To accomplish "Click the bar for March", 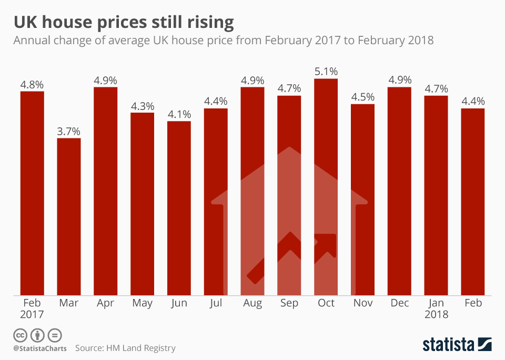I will [69, 216].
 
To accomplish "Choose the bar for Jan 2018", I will [436, 195].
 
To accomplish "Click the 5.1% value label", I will [326, 71].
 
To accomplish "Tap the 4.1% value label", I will [179, 114].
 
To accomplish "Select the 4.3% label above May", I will [143, 105].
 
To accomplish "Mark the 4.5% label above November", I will [362, 97].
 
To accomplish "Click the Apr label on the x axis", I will [106, 303].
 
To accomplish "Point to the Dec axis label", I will [399, 303].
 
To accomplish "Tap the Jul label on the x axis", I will [216, 303].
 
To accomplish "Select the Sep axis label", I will [289, 303].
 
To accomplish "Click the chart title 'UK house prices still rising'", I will [124, 22].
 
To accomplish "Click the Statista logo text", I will [448, 345].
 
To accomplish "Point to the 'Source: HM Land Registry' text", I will [125, 348].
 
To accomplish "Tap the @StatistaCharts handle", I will [40, 348].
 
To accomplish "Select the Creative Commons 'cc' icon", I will [20, 335].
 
